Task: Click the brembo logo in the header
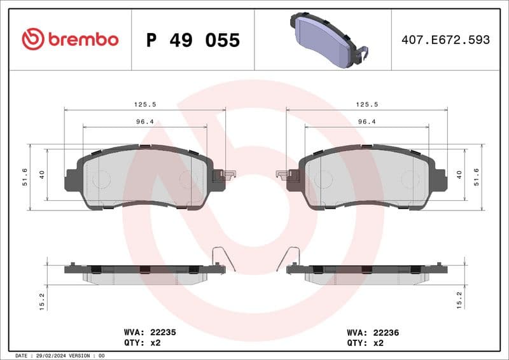(70, 39)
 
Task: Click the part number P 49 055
(193, 40)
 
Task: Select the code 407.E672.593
(445, 40)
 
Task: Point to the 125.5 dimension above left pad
(145, 104)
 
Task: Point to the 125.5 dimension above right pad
(367, 104)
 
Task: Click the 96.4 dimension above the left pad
(145, 121)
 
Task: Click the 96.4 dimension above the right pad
(367, 121)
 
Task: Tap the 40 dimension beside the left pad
(42, 174)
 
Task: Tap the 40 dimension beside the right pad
(459, 174)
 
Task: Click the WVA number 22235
(162, 332)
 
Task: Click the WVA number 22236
(386, 332)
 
